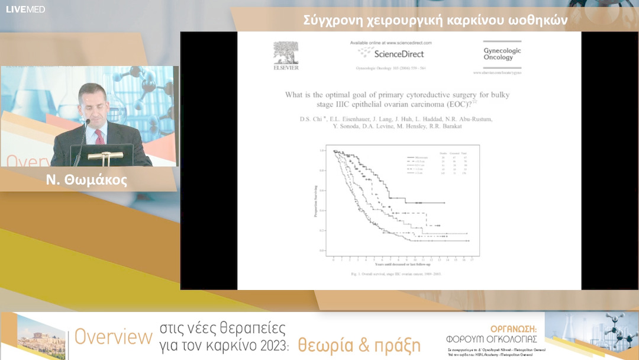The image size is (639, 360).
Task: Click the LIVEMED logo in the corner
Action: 25,9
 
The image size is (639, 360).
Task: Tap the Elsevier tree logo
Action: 286,53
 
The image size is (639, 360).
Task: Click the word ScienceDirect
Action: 399,54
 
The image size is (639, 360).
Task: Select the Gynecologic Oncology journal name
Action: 502,54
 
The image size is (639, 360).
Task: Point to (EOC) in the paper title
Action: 459,104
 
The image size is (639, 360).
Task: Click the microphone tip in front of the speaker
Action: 88,121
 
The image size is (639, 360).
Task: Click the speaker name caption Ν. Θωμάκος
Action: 86,181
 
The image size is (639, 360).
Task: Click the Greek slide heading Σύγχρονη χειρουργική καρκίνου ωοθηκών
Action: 435,20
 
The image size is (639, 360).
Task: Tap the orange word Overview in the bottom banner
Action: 114,337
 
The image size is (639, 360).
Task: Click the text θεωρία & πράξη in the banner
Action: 359,345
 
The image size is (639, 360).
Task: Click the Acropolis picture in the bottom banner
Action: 41,336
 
